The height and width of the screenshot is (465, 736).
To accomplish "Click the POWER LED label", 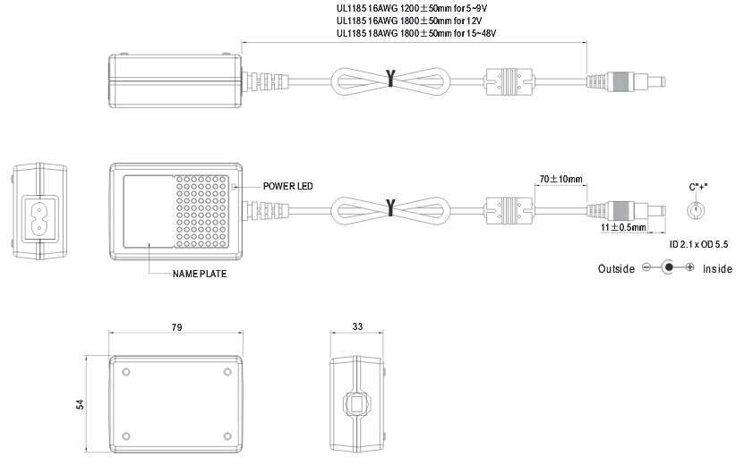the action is pos(287,186).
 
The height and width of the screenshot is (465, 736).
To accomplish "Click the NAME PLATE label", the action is pos(200,274).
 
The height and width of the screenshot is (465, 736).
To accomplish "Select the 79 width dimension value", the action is pos(176,327).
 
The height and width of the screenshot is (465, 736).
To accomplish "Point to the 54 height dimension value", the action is pos(81,404).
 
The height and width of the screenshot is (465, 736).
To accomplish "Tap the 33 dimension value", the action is pos(357,326).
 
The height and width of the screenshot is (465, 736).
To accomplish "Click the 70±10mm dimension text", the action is pos(561,179).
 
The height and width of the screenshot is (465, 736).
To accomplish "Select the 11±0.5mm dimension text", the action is pos(623,228).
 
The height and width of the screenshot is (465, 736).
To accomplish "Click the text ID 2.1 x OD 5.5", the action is pos(698,244).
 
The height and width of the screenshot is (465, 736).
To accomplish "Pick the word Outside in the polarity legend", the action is pos(616,268).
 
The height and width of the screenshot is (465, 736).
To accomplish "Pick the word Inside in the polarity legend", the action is pos(717,268).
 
